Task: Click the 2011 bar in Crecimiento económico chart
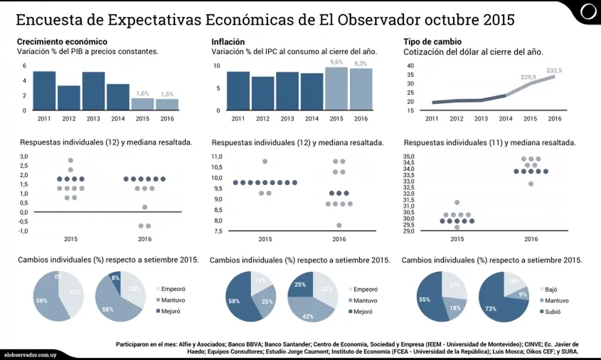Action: click(x=44, y=91)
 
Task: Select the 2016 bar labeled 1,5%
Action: click(x=166, y=104)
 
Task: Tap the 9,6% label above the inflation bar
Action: click(x=337, y=62)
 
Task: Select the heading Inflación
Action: click(x=228, y=41)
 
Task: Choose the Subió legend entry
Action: click(x=554, y=311)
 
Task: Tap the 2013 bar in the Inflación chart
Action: click(x=287, y=91)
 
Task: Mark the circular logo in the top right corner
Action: click(x=588, y=10)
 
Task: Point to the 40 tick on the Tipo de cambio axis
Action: click(x=410, y=66)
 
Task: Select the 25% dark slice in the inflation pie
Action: click(x=300, y=285)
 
